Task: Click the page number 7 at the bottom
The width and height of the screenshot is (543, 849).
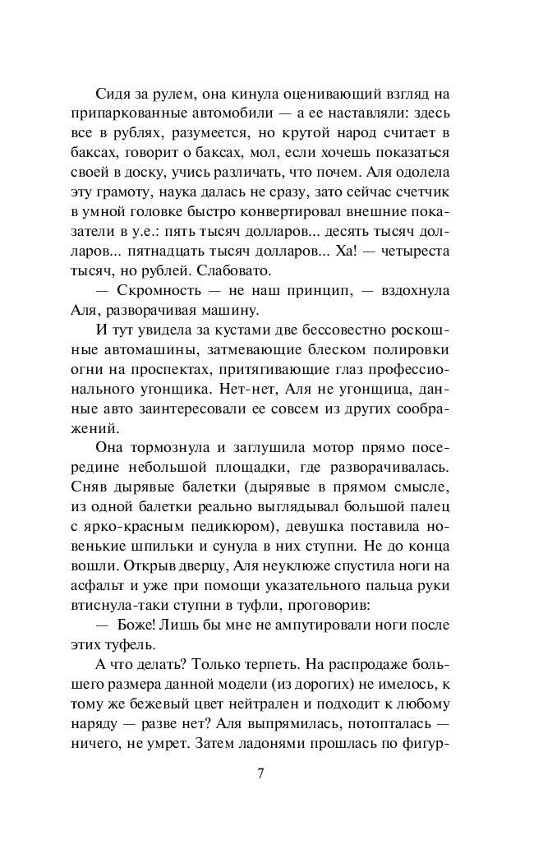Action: (x=260, y=773)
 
